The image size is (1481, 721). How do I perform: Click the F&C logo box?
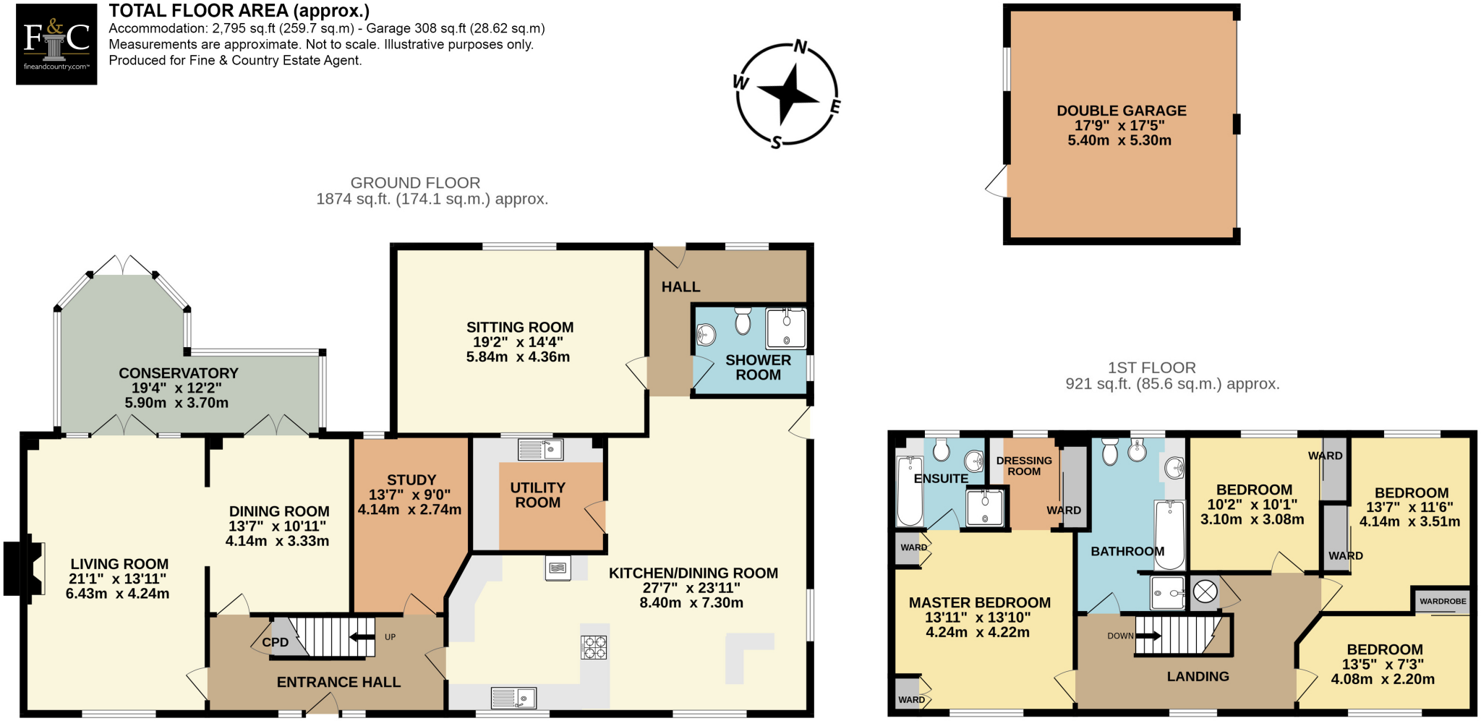(56, 44)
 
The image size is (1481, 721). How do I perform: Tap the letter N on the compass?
(801, 47)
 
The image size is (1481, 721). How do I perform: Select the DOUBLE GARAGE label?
(1121, 111)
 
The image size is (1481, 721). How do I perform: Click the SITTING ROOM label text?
(519, 328)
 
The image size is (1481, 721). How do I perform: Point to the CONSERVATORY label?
(178, 373)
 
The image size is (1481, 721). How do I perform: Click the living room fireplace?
(22, 568)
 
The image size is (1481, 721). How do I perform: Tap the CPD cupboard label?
(275, 642)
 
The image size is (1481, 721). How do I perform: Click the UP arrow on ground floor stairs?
(362, 637)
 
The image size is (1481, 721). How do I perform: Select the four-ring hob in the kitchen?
(594, 647)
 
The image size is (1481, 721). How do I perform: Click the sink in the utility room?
(541, 450)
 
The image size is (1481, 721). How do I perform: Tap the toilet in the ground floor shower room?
(743, 320)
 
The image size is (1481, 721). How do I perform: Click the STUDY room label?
(411, 480)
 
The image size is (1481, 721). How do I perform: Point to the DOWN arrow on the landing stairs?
(1148, 636)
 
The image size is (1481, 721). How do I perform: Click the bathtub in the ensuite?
(909, 492)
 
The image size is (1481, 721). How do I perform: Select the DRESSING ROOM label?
(1024, 466)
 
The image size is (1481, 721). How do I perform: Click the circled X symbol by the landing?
(1205, 592)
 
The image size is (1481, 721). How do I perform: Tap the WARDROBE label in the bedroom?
(1442, 602)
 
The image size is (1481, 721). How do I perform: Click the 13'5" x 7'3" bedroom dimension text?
(1382, 665)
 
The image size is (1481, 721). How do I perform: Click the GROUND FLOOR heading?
(415, 183)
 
